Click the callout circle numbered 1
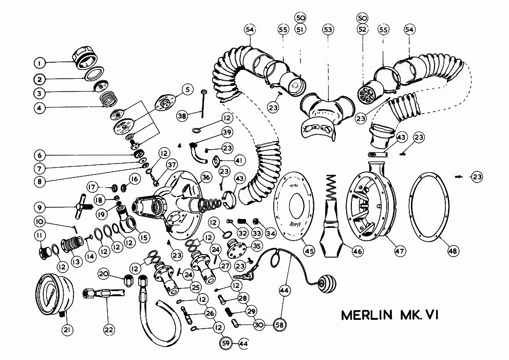pos(38,63)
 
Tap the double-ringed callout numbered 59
pos(225,343)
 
